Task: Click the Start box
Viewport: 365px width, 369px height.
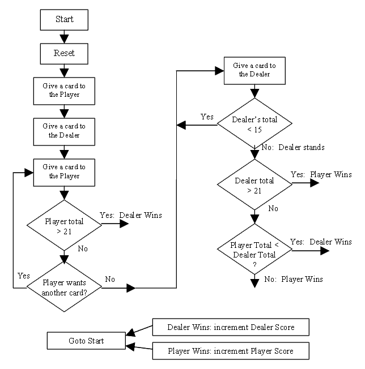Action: point(64,19)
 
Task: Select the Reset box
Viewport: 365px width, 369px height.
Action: point(64,54)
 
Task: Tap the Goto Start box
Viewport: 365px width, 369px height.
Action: point(87,341)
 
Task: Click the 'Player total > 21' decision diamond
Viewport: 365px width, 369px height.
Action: point(64,224)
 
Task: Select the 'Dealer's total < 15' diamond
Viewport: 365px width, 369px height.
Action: point(254,126)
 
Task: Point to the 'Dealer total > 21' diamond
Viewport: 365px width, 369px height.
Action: point(254,186)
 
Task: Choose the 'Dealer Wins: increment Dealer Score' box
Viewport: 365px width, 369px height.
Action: point(231,327)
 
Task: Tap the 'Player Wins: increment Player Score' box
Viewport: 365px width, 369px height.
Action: point(231,351)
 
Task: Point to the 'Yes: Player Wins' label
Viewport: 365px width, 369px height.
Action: point(321,175)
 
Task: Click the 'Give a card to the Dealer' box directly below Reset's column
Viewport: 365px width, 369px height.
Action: point(64,131)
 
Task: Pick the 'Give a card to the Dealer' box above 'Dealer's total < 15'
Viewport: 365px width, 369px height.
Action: point(254,70)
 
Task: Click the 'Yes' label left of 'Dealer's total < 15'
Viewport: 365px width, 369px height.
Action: point(207,117)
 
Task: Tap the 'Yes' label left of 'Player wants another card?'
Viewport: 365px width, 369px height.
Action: point(24,276)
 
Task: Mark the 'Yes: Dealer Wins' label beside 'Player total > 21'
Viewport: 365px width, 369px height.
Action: point(131,215)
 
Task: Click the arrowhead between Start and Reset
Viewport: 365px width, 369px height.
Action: point(64,38)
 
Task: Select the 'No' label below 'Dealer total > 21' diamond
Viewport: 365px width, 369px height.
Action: point(273,208)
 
